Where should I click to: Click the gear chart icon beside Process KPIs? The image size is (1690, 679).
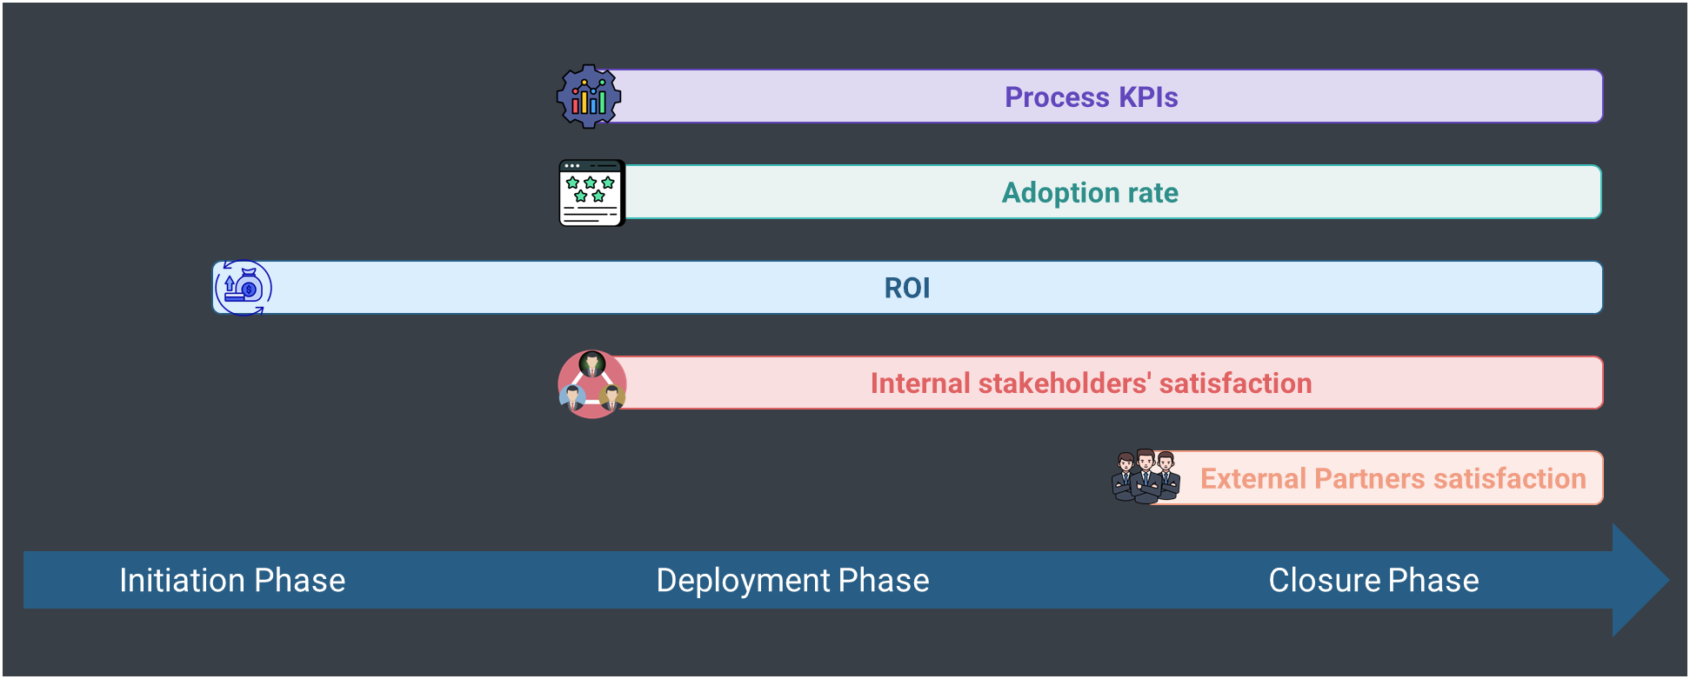pyautogui.click(x=589, y=97)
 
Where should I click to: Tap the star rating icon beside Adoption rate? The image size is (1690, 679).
pyautogui.click(x=591, y=193)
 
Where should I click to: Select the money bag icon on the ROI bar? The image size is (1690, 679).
pyautogui.click(x=244, y=288)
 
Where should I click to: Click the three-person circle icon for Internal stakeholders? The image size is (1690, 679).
pyautogui.click(x=591, y=384)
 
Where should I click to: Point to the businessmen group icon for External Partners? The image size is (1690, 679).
pyautogui.click(x=1146, y=476)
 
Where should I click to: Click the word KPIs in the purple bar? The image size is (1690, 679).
pyautogui.click(x=1148, y=97)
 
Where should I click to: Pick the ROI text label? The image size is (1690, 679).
pyautogui.click(x=907, y=288)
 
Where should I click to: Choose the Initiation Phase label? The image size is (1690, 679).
pyautogui.click(x=232, y=580)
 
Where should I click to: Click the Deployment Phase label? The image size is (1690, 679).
pyautogui.click(x=792, y=581)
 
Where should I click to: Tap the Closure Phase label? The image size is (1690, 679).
pyautogui.click(x=1373, y=580)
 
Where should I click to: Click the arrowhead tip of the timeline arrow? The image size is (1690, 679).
pyautogui.click(x=1668, y=580)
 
